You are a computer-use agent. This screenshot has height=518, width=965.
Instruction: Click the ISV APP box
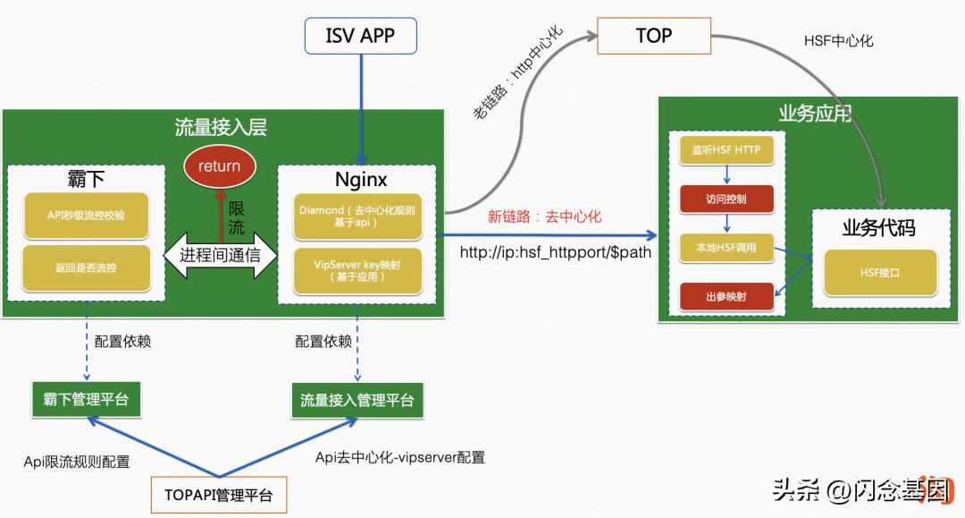(x=361, y=36)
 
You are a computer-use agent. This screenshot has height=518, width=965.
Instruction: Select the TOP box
(x=653, y=36)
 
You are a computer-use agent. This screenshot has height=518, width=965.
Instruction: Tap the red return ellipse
(x=220, y=166)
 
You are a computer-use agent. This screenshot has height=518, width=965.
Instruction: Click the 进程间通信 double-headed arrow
(x=220, y=255)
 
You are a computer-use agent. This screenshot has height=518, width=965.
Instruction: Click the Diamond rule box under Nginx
(x=357, y=217)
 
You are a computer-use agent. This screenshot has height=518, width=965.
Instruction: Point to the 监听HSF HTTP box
(x=726, y=150)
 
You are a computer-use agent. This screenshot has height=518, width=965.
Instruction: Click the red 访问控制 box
(x=726, y=199)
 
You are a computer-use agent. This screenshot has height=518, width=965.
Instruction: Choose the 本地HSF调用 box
(x=726, y=248)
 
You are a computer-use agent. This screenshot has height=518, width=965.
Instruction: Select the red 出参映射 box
(x=726, y=296)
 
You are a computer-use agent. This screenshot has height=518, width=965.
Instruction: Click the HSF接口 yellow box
(x=880, y=272)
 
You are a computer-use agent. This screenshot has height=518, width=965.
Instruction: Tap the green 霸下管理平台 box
(x=86, y=399)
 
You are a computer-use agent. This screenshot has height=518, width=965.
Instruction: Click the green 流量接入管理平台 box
(x=357, y=400)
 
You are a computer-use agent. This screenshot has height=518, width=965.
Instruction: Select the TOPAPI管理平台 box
(x=218, y=494)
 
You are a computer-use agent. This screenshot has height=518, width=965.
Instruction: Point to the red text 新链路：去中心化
(x=544, y=217)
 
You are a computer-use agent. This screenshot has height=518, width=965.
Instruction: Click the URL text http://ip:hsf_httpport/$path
(x=555, y=252)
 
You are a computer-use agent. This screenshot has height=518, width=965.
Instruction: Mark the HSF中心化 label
(x=838, y=41)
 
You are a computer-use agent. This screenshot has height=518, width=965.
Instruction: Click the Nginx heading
(x=361, y=179)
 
